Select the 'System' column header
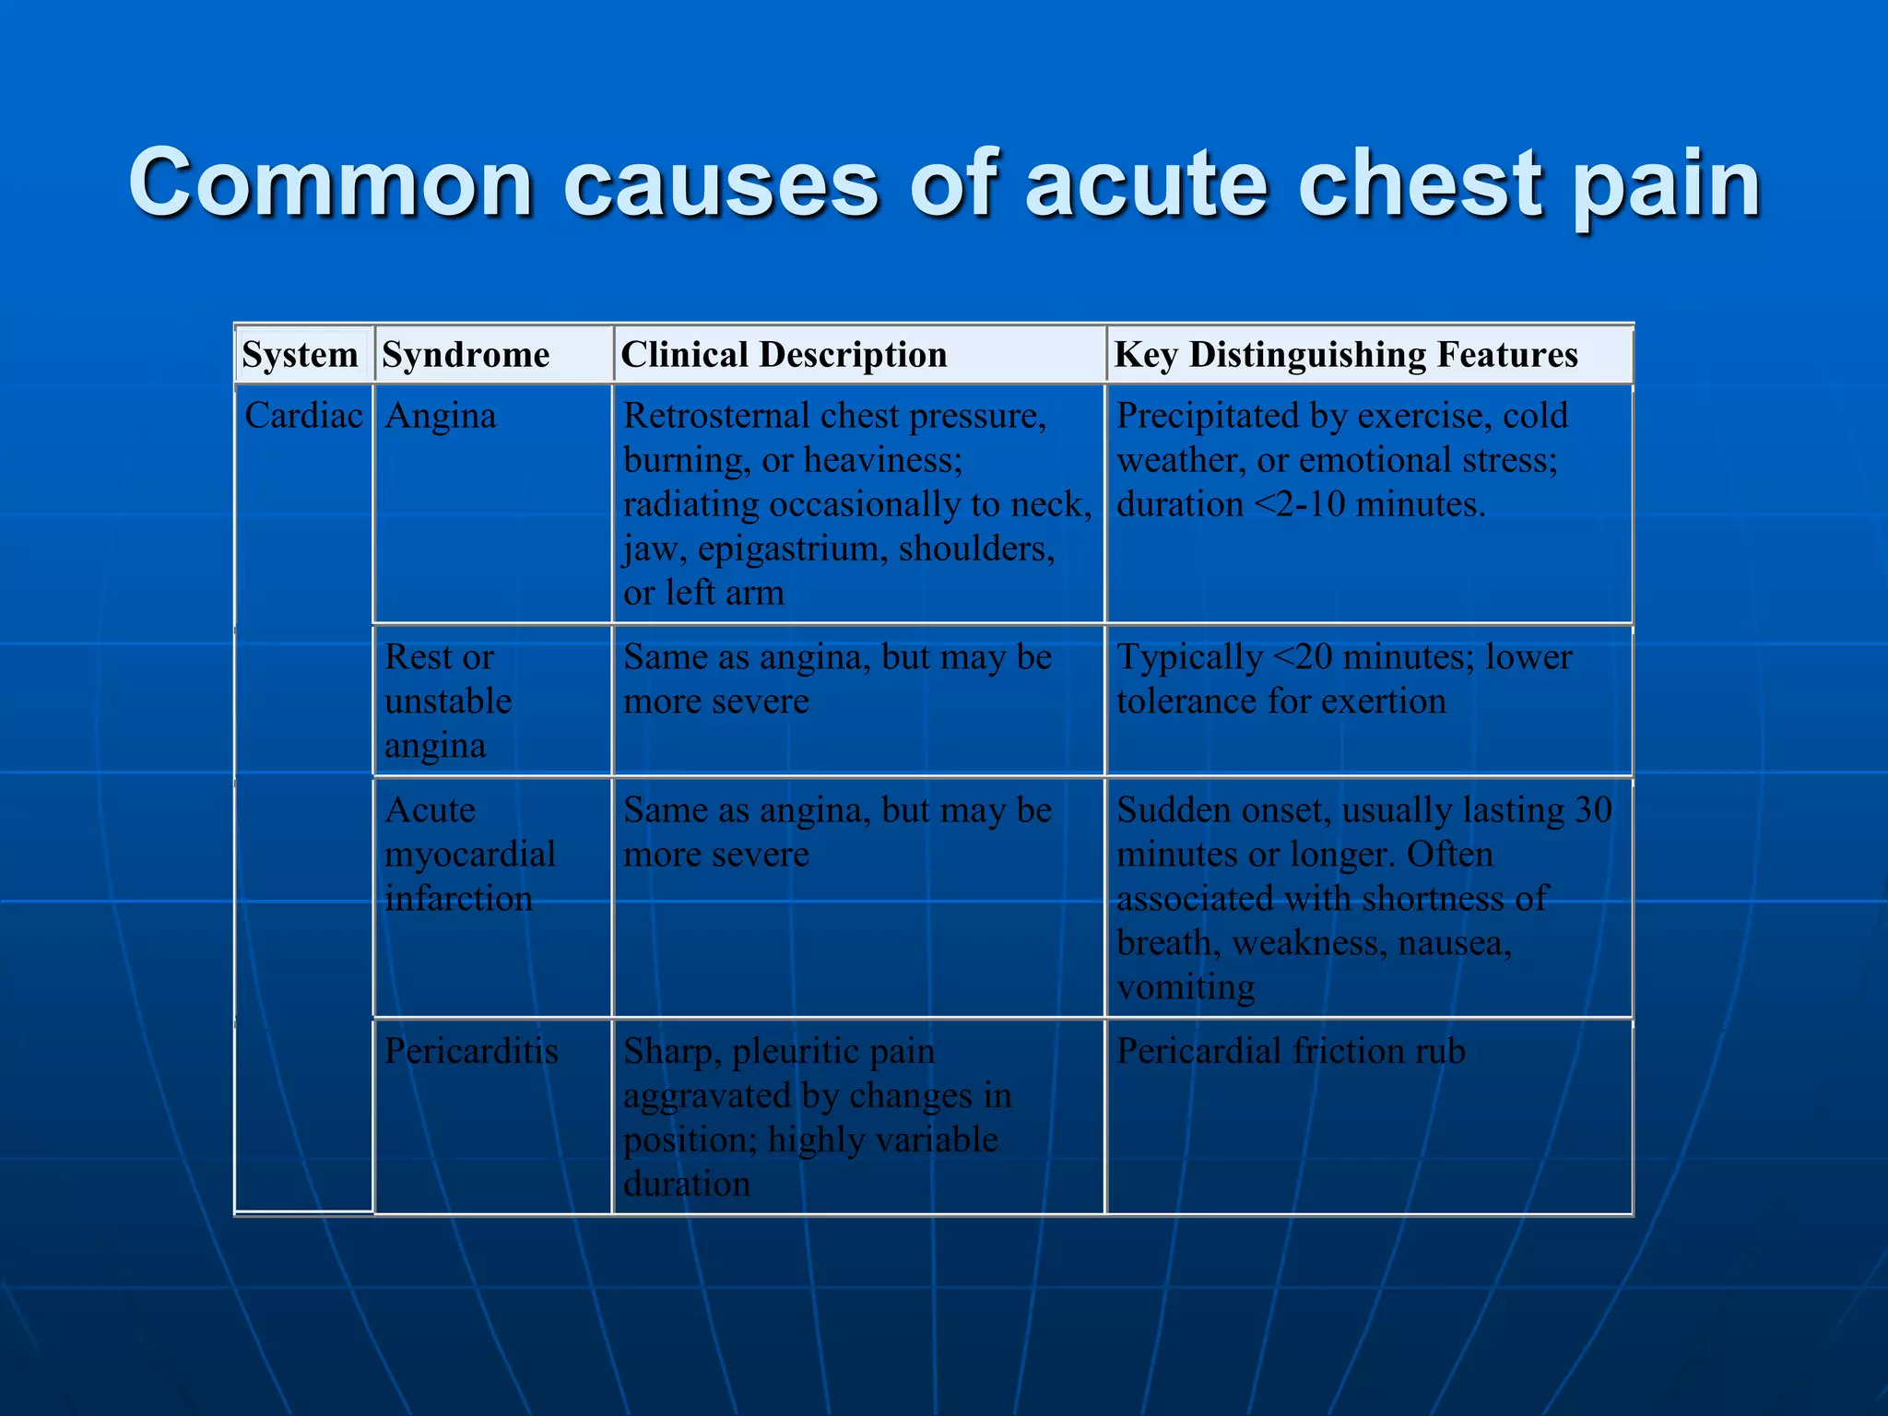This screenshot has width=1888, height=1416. coord(300,355)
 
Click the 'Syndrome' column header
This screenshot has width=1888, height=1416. coord(466,355)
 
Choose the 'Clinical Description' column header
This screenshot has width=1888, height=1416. coord(784,355)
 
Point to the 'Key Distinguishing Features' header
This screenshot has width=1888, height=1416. coord(1346,355)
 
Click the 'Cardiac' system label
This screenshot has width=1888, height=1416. coord(303,416)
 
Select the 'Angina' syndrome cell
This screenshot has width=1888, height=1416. coord(440,416)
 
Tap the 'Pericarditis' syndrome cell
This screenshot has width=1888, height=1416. coord(471,1051)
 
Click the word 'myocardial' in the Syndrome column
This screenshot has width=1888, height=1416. coord(469,855)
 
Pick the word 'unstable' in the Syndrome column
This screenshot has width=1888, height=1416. coord(447,702)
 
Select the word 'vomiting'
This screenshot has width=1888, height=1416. coord(1186,987)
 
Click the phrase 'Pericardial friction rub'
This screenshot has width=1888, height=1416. coord(1291,1051)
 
